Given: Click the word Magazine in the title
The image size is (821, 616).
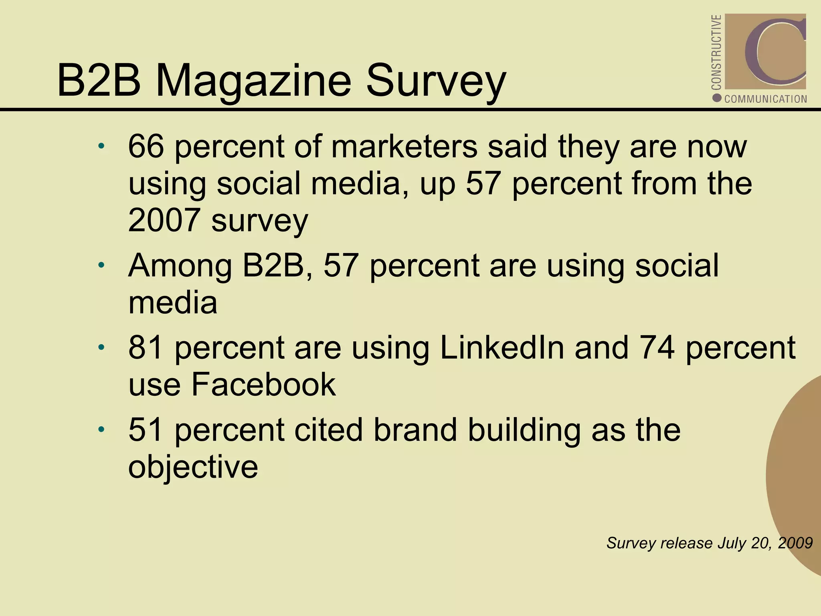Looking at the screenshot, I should coord(253,81).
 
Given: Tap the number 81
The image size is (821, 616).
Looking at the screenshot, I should coord(145,348).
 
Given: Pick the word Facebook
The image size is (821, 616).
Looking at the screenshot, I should coord(263,385).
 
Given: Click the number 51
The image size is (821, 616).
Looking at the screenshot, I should coord(145,430).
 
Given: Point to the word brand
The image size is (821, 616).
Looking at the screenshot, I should coord(415,430).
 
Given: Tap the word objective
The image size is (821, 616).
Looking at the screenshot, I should coord(193,467).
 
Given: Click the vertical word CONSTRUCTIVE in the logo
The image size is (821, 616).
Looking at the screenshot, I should coord(716,52).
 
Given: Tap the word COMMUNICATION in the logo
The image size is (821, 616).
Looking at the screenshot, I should coord(766,99).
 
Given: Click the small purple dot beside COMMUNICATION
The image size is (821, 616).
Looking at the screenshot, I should coord(717,98).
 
